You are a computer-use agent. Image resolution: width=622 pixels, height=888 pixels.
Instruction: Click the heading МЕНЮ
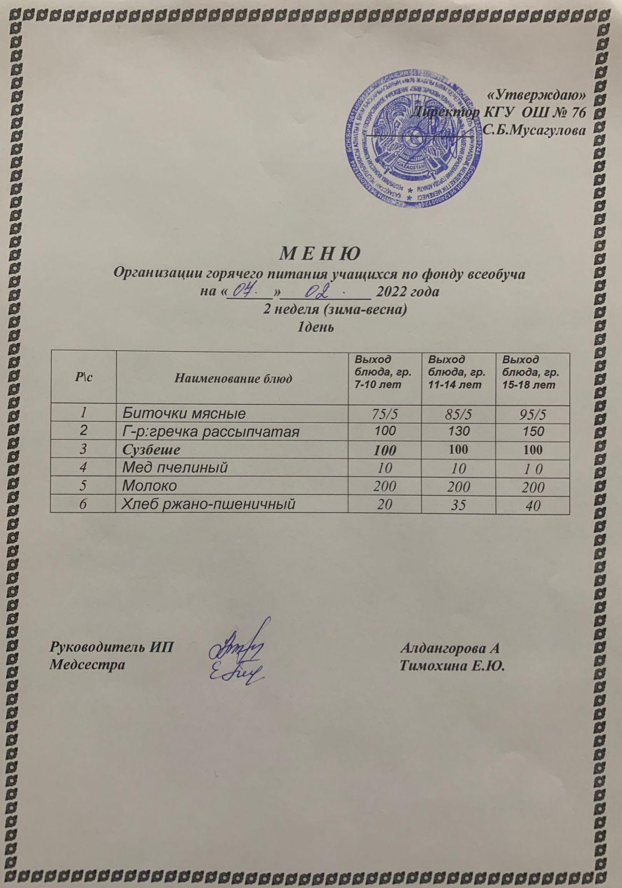click(x=319, y=254)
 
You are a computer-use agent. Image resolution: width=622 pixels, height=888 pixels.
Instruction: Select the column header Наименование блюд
click(x=233, y=379)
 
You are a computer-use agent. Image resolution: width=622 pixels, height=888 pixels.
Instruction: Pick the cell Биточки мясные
click(x=184, y=413)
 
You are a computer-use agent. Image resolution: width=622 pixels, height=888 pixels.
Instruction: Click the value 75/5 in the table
click(x=385, y=414)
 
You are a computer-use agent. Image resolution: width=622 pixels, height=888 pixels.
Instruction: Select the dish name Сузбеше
click(x=151, y=450)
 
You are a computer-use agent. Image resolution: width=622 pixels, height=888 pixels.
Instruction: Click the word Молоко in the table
click(x=149, y=486)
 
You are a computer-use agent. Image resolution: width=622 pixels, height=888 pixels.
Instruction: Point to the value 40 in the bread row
click(x=533, y=505)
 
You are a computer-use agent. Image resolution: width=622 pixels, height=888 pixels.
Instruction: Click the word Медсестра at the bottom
click(x=87, y=664)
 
